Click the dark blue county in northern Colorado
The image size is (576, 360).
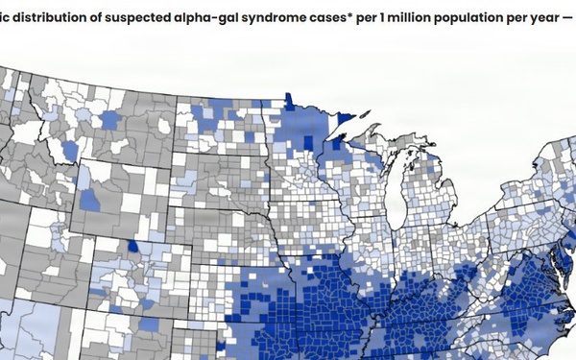coord(131,246)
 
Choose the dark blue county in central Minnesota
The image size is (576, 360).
coord(307,141)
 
